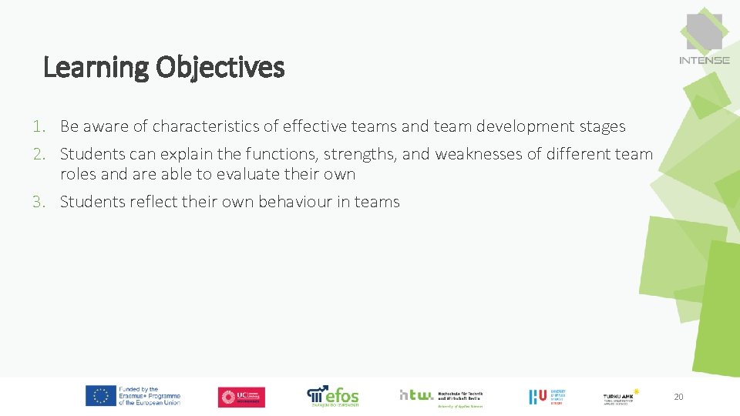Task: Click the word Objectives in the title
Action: pyautogui.click(x=220, y=68)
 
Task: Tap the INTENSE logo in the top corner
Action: pyautogui.click(x=704, y=39)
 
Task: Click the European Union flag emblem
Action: pyautogui.click(x=101, y=396)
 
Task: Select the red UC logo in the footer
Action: pyautogui.click(x=241, y=397)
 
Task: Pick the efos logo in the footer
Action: pyautogui.click(x=333, y=396)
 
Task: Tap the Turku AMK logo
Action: pyautogui.click(x=621, y=396)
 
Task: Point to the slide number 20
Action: pyautogui.click(x=678, y=397)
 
